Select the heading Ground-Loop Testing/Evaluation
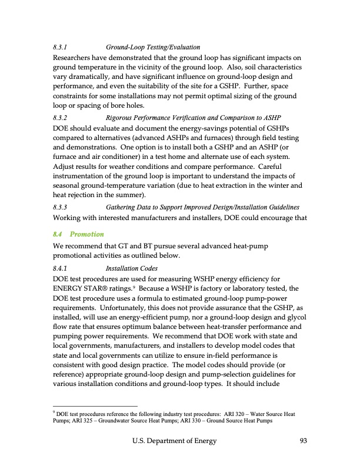point(153,47)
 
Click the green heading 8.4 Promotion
point(78,234)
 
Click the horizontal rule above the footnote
point(95,406)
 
